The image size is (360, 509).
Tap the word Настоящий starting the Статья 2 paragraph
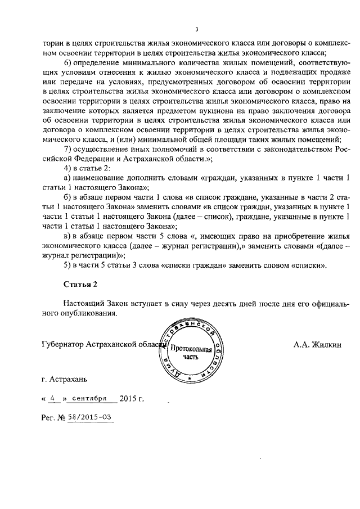pyautogui.click(x=84, y=304)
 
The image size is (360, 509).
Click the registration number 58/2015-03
pyautogui.click(x=90, y=417)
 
